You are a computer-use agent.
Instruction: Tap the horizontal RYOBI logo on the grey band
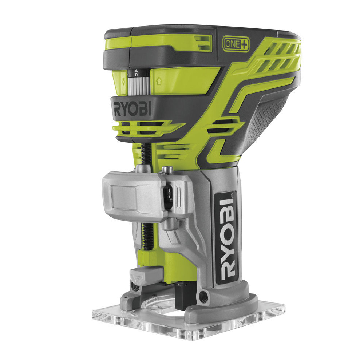coord(132,109)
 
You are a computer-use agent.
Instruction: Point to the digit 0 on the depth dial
coord(136,74)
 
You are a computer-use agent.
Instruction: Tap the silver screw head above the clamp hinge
coord(168,169)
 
